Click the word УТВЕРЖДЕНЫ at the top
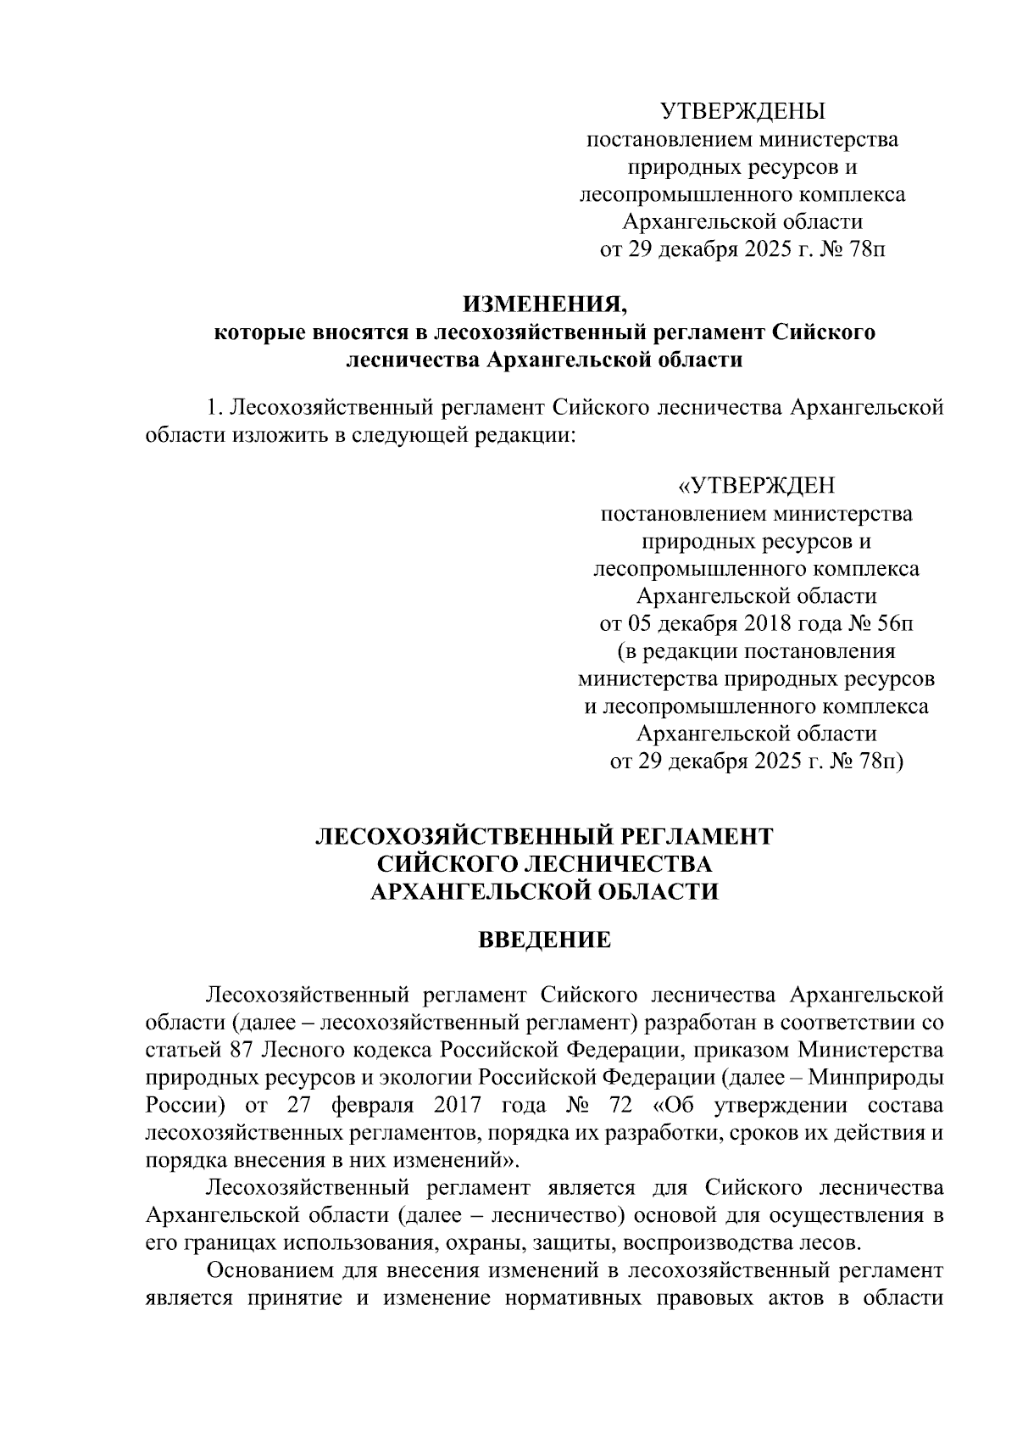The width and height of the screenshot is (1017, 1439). point(742,111)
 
